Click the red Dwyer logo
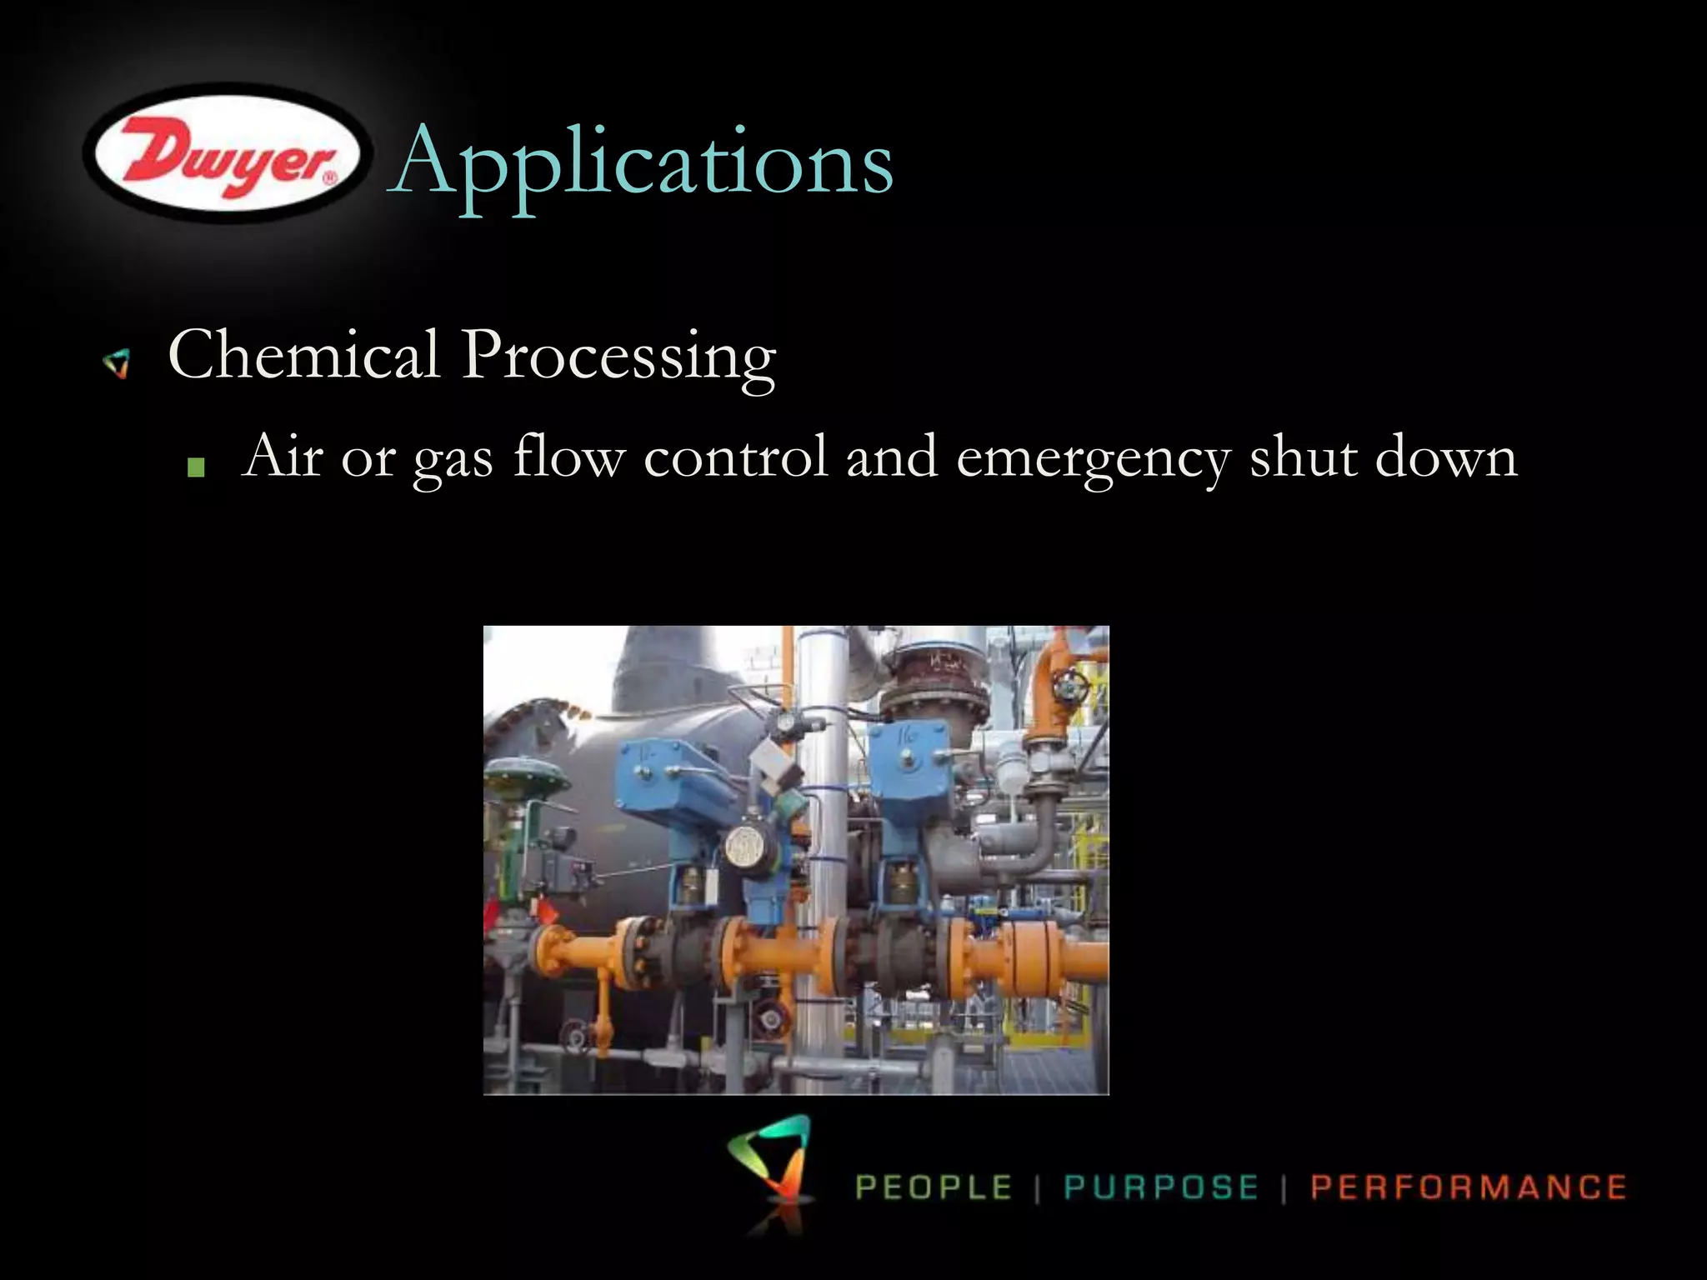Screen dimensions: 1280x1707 (x=223, y=154)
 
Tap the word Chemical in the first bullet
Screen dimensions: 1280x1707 (x=303, y=355)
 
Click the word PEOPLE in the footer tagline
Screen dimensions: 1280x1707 (x=934, y=1187)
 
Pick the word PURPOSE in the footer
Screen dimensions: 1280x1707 (x=1161, y=1187)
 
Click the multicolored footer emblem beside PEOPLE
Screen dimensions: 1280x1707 (x=771, y=1167)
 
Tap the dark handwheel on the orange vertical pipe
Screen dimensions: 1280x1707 (x=1068, y=688)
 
